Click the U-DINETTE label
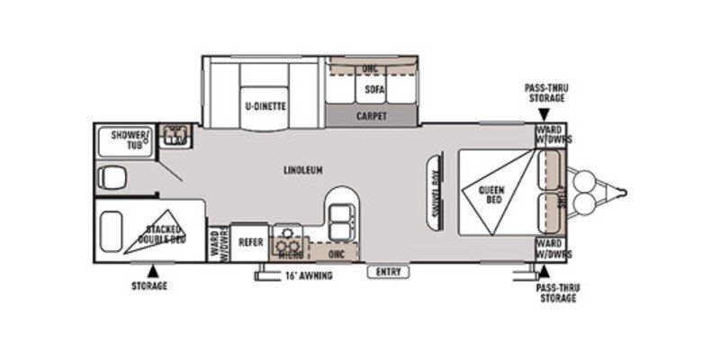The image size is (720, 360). click(x=265, y=106)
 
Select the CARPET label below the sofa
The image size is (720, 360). click(x=371, y=116)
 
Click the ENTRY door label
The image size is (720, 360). click(x=388, y=272)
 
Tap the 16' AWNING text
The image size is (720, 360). click(x=309, y=275)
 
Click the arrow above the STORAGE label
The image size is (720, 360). click(x=152, y=269)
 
